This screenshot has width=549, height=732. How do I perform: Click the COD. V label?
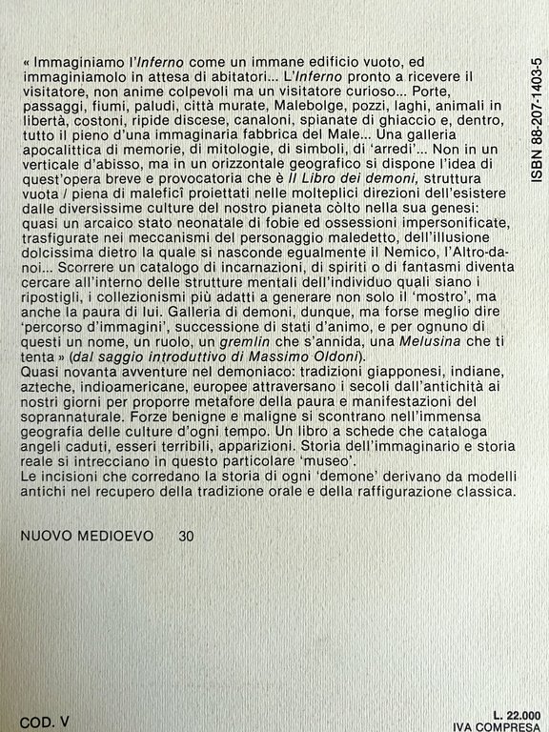click(44, 722)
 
